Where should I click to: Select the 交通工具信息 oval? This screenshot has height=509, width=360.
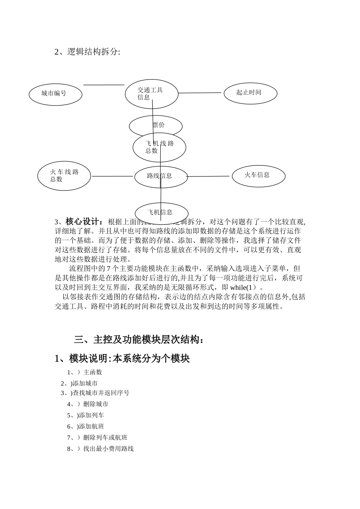point(152,94)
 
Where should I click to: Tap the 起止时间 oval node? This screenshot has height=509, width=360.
point(250,93)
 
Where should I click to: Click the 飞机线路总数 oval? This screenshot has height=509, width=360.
point(159,148)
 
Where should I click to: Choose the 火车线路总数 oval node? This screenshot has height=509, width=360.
point(64,176)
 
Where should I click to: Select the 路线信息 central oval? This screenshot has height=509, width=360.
point(161,176)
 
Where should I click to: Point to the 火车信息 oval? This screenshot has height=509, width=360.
point(258,176)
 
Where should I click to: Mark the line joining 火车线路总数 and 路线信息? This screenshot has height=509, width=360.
point(113,176)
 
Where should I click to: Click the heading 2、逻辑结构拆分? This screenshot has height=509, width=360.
point(87,52)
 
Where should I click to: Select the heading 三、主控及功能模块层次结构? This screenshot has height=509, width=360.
point(139,340)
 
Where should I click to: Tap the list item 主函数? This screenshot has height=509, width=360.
point(92,372)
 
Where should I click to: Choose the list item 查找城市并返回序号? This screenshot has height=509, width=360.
point(101,393)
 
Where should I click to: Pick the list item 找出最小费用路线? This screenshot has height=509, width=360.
point(108,449)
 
